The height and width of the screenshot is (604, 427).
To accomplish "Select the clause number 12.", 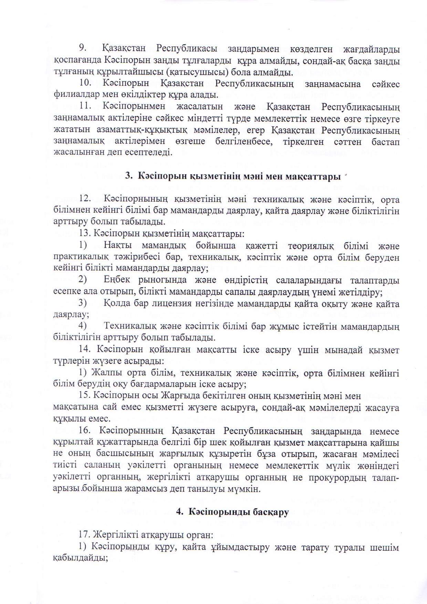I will [84, 199].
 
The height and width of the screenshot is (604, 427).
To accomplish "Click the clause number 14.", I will [84, 350].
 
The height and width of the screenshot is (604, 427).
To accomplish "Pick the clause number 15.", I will [84, 396].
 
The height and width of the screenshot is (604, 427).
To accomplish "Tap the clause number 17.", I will [84, 535].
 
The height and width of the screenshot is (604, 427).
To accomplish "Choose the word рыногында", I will [150, 281].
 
